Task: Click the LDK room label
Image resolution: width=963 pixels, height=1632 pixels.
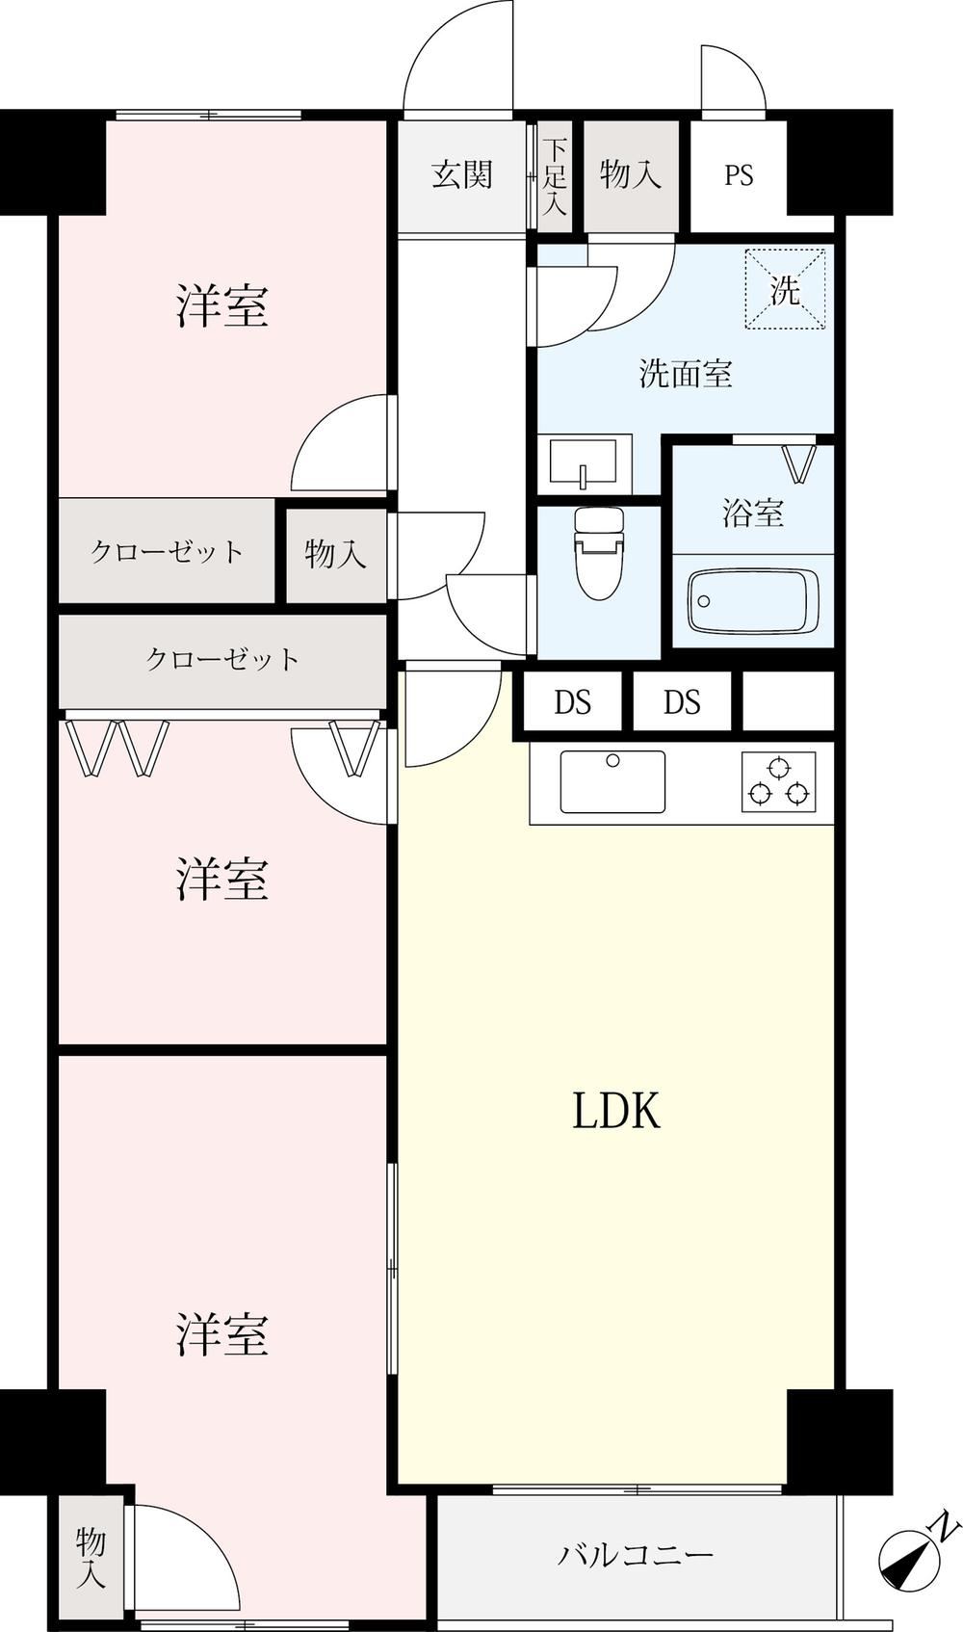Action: [616, 1111]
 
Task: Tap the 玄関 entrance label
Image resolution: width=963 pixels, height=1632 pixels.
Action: [462, 175]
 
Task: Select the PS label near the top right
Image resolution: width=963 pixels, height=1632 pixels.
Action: [739, 175]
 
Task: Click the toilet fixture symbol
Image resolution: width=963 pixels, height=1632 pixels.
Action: [600, 553]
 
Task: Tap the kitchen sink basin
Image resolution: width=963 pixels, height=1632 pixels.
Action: [612, 781]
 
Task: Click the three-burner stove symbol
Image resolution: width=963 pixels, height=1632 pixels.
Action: [779, 781]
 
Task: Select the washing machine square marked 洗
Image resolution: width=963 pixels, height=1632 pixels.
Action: [785, 289]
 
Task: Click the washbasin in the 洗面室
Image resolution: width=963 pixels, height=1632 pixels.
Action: [585, 463]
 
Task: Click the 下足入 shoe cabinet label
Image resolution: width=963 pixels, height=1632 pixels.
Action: [555, 175]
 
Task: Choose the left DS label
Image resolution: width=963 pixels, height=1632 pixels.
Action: [573, 701]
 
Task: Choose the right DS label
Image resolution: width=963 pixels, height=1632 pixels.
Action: [682, 701]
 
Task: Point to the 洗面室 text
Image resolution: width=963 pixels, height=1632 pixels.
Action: [686, 374]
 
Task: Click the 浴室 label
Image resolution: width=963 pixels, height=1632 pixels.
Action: [753, 513]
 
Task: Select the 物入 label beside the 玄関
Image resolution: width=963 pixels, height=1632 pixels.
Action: [631, 175]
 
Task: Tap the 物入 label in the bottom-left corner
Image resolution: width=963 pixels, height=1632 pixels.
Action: [91, 1562]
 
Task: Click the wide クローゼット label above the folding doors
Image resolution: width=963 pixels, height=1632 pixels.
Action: [222, 659]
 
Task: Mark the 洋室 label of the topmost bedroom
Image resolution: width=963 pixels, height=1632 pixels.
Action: [222, 305]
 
